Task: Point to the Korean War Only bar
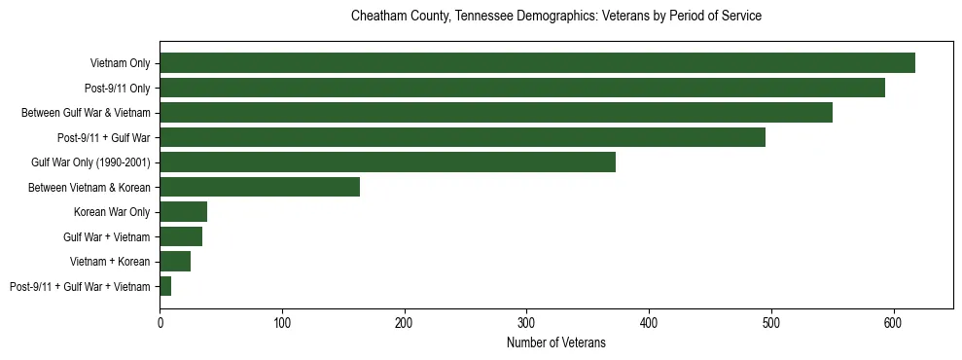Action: coord(183,212)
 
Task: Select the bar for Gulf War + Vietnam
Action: coord(181,236)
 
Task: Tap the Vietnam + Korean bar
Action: coord(175,262)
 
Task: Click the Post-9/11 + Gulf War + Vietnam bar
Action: coord(165,286)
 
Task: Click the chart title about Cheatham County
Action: coord(555,17)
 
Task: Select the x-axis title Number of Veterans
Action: coord(555,342)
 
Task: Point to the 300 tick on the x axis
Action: coord(526,322)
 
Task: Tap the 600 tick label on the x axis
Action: coord(893,322)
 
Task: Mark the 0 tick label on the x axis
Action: coord(160,322)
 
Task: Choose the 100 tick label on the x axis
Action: coord(282,322)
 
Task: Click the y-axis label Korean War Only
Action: coord(112,212)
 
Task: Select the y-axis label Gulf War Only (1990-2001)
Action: coord(90,162)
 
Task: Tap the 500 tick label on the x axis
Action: coord(770,322)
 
